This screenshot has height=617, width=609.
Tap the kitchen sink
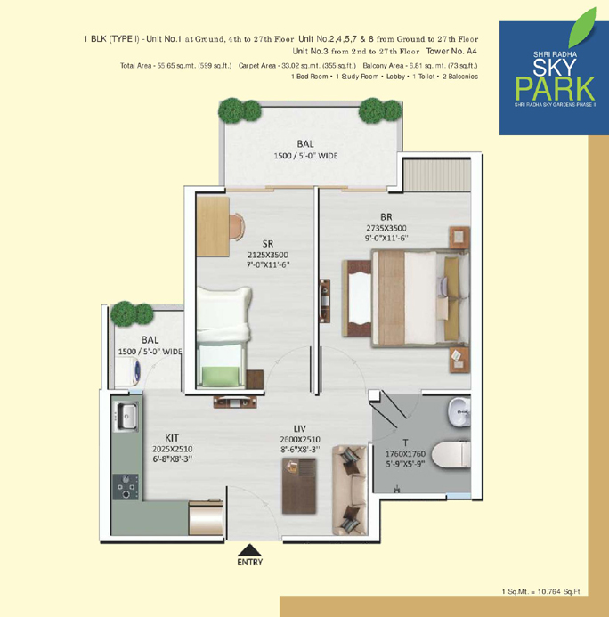[x=126, y=417]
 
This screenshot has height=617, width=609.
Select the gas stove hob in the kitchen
[x=126, y=486]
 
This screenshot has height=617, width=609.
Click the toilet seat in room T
[x=451, y=454]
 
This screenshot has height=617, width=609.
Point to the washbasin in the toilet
[x=459, y=411]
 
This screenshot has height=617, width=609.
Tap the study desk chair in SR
[x=237, y=227]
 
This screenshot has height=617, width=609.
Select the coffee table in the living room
[x=299, y=485]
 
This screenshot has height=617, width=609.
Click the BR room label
[x=386, y=217]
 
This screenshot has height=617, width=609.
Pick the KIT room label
[x=172, y=438]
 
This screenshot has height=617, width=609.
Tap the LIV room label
[x=300, y=428]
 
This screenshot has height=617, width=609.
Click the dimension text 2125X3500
[x=268, y=255]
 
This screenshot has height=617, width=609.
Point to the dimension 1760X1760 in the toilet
[x=405, y=454]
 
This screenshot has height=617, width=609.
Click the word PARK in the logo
[x=555, y=89]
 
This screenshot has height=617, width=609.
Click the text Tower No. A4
[x=451, y=51]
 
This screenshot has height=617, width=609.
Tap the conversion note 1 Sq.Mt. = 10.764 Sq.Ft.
[x=541, y=591]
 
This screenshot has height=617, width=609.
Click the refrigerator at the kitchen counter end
[x=206, y=517]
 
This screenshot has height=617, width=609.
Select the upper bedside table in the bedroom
[x=460, y=238]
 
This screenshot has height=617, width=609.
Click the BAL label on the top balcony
[x=305, y=144]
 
